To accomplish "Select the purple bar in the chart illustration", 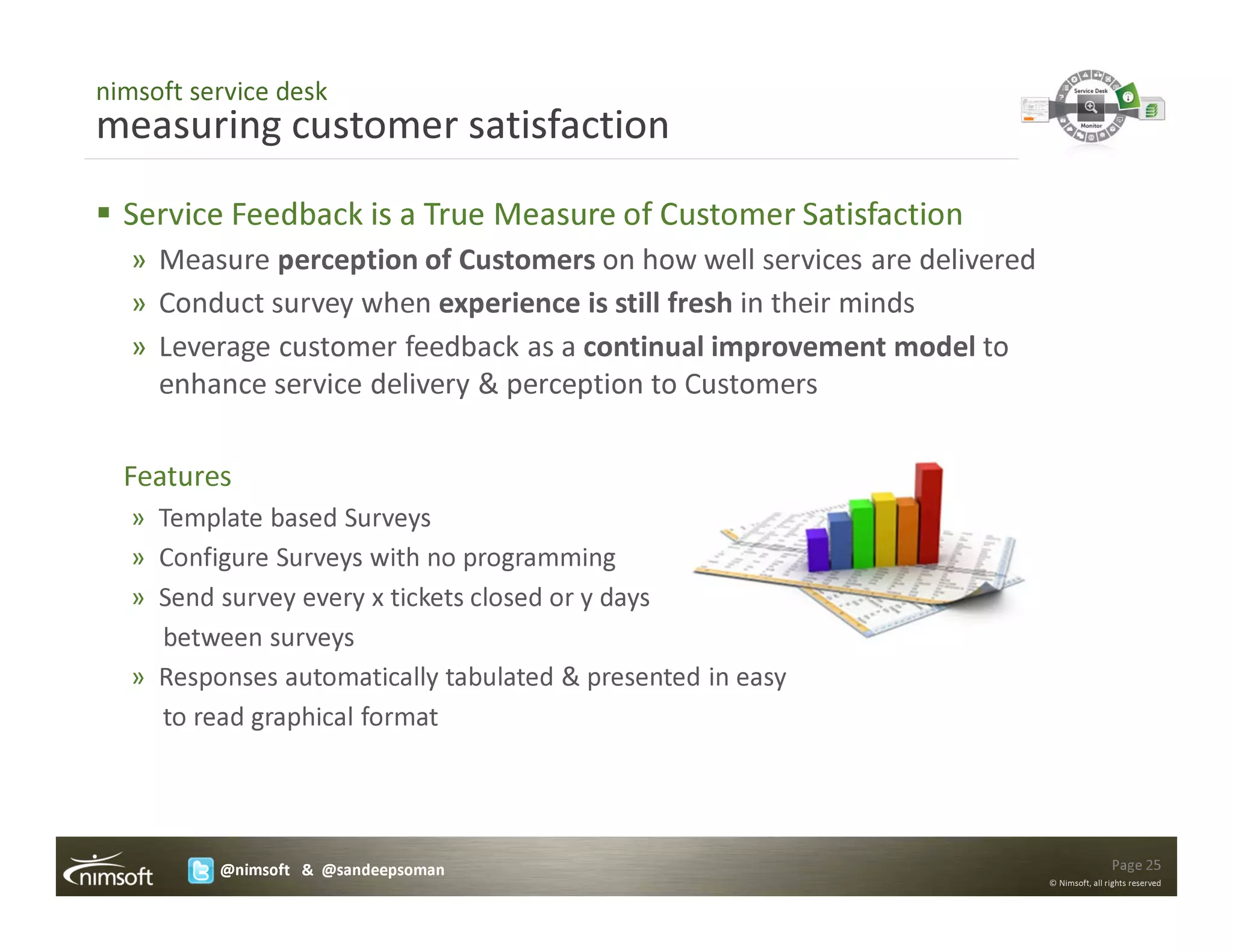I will pos(818,550).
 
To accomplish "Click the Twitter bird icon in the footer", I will pos(200,870).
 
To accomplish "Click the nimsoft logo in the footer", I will pos(110,870).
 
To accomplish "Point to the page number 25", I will pos(1135,865).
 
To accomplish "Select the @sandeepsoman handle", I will pos(383,870).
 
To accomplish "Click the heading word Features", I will pos(178,477).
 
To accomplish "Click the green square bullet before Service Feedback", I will pos(104,213).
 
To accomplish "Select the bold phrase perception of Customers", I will pos(436,261).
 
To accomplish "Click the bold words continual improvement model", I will pos(778,347).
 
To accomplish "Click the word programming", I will pos(539,558).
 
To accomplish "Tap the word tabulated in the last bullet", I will pos(499,678).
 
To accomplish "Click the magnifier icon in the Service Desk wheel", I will pos(1090,108).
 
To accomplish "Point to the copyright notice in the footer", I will pos(1105,883).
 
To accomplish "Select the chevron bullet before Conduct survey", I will pos(139,304).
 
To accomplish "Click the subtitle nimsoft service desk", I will pos(211,91).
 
